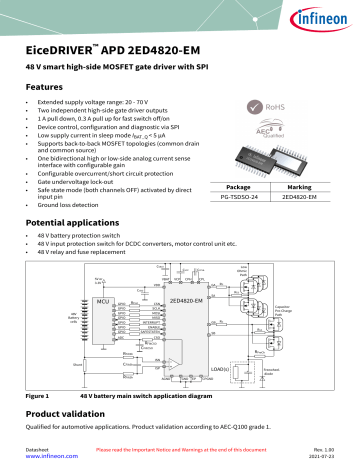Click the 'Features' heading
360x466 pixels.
click(46, 88)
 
